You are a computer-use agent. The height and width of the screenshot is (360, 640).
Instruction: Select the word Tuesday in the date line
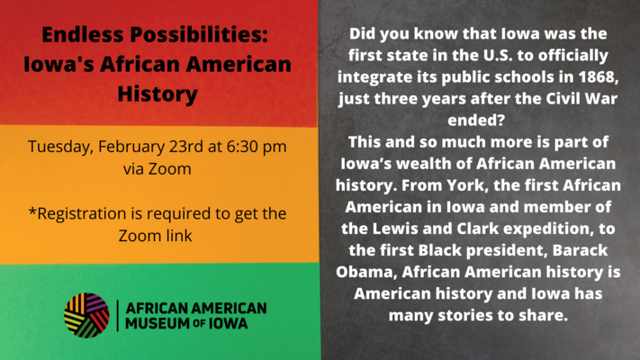pyautogui.click(x=60, y=147)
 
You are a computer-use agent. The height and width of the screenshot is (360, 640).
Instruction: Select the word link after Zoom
pyautogui.click(x=176, y=236)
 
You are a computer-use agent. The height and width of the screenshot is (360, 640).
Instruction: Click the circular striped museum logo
pyautogui.click(x=86, y=315)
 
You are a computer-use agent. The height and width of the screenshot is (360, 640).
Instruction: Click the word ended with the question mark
pyautogui.click(x=477, y=120)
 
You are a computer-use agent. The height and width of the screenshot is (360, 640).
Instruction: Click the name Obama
pyautogui.click(x=365, y=272)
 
